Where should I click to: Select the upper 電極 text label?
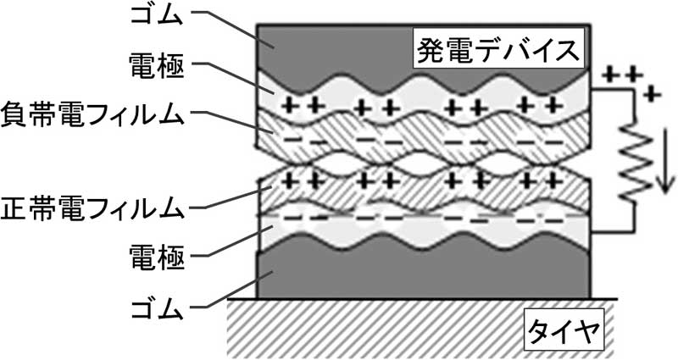[x=157, y=67]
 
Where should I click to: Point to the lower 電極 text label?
[x=157, y=258]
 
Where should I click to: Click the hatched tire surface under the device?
[x=421, y=329]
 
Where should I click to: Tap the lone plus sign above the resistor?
[x=651, y=94]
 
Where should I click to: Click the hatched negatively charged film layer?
[x=424, y=137]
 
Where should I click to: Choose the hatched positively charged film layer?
[x=424, y=189]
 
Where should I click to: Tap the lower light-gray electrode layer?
[x=424, y=230]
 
